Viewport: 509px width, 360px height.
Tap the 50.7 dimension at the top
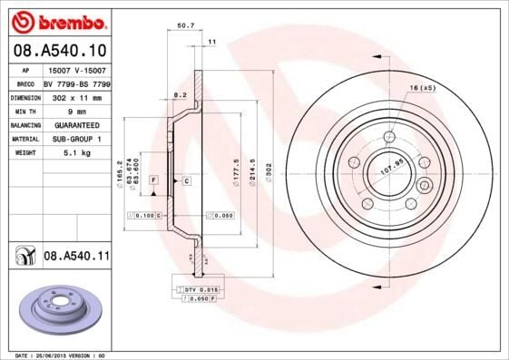tap(184, 26)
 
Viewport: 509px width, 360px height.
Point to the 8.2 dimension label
tap(179, 94)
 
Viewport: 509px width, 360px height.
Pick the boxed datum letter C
tap(186, 181)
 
